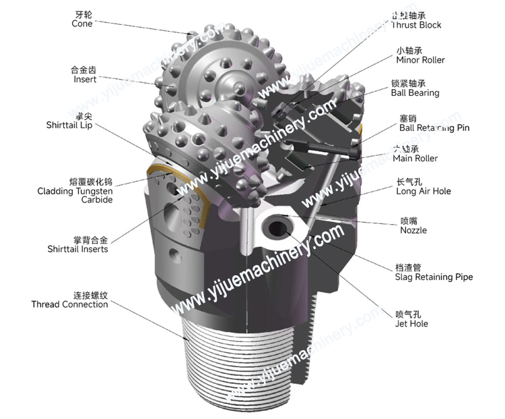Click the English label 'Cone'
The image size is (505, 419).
(x=81, y=24)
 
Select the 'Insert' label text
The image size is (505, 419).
(x=85, y=80)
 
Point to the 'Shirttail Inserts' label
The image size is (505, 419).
(x=77, y=249)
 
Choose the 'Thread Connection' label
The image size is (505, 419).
(x=69, y=304)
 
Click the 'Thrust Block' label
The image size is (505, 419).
(x=416, y=25)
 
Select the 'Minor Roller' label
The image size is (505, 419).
(x=420, y=60)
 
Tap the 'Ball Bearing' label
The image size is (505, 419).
(x=415, y=93)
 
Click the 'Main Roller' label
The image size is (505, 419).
(x=415, y=159)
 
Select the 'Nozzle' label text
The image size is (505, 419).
(x=413, y=230)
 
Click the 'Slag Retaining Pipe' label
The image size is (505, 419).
(x=434, y=277)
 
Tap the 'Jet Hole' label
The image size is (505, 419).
(x=411, y=324)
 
